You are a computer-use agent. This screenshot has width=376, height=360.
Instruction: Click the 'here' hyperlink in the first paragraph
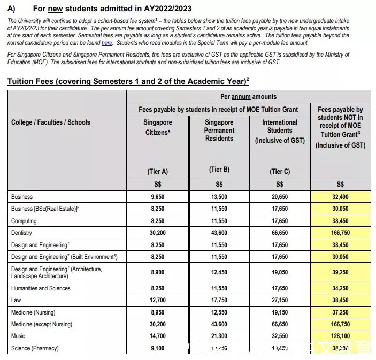click(x=107, y=42)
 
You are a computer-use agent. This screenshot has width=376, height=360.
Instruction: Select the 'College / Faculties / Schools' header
click(x=51, y=122)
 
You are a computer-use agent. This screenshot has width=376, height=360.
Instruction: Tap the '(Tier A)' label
click(x=157, y=172)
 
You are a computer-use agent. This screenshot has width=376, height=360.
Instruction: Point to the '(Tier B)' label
click(x=219, y=170)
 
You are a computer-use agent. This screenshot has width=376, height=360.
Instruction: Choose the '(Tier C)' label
click(x=280, y=172)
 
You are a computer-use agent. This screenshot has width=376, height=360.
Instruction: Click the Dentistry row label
click(x=21, y=233)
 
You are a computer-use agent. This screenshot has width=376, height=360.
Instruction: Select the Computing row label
click(x=24, y=220)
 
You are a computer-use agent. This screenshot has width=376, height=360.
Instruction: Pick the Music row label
click(x=18, y=336)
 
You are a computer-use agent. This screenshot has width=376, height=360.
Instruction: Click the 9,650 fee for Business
click(x=157, y=197)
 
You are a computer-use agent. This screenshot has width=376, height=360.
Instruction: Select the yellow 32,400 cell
click(x=341, y=197)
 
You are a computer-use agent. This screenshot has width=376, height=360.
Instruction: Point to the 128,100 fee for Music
click(x=341, y=336)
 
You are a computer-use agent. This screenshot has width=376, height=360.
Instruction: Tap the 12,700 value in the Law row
click(x=157, y=300)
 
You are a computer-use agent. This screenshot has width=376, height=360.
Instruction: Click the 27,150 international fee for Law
click(x=280, y=300)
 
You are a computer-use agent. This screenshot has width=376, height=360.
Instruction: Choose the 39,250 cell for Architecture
click(x=341, y=272)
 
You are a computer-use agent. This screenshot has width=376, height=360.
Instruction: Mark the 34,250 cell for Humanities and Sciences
click(x=341, y=288)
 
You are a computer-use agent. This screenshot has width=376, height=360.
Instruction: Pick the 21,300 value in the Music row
click(x=219, y=336)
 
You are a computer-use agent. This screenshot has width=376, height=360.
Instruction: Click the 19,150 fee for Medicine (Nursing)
click(x=280, y=312)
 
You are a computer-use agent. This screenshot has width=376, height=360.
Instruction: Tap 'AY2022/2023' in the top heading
click(x=160, y=9)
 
